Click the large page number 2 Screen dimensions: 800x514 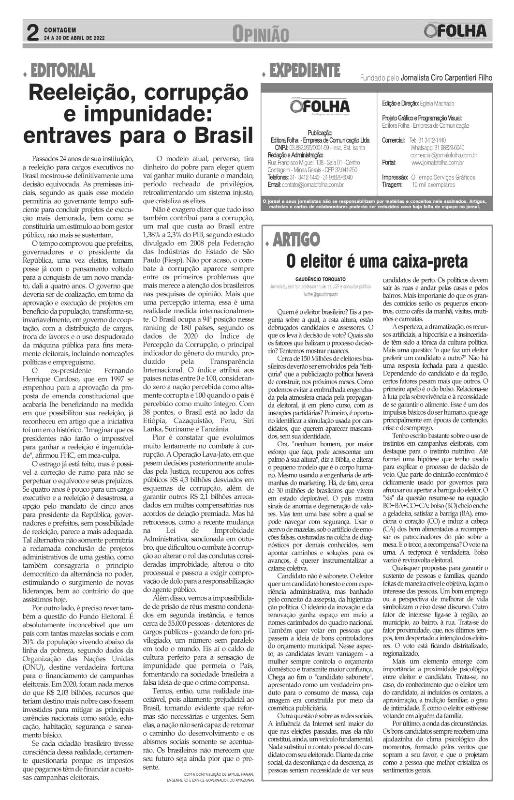coord(31,32)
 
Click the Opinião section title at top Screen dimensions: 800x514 coord(261,34)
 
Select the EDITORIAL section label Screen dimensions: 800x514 coord(62,71)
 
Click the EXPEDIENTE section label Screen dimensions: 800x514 coord(305,71)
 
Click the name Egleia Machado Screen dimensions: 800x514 coord(437,104)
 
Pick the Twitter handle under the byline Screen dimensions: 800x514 coord(321,294)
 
